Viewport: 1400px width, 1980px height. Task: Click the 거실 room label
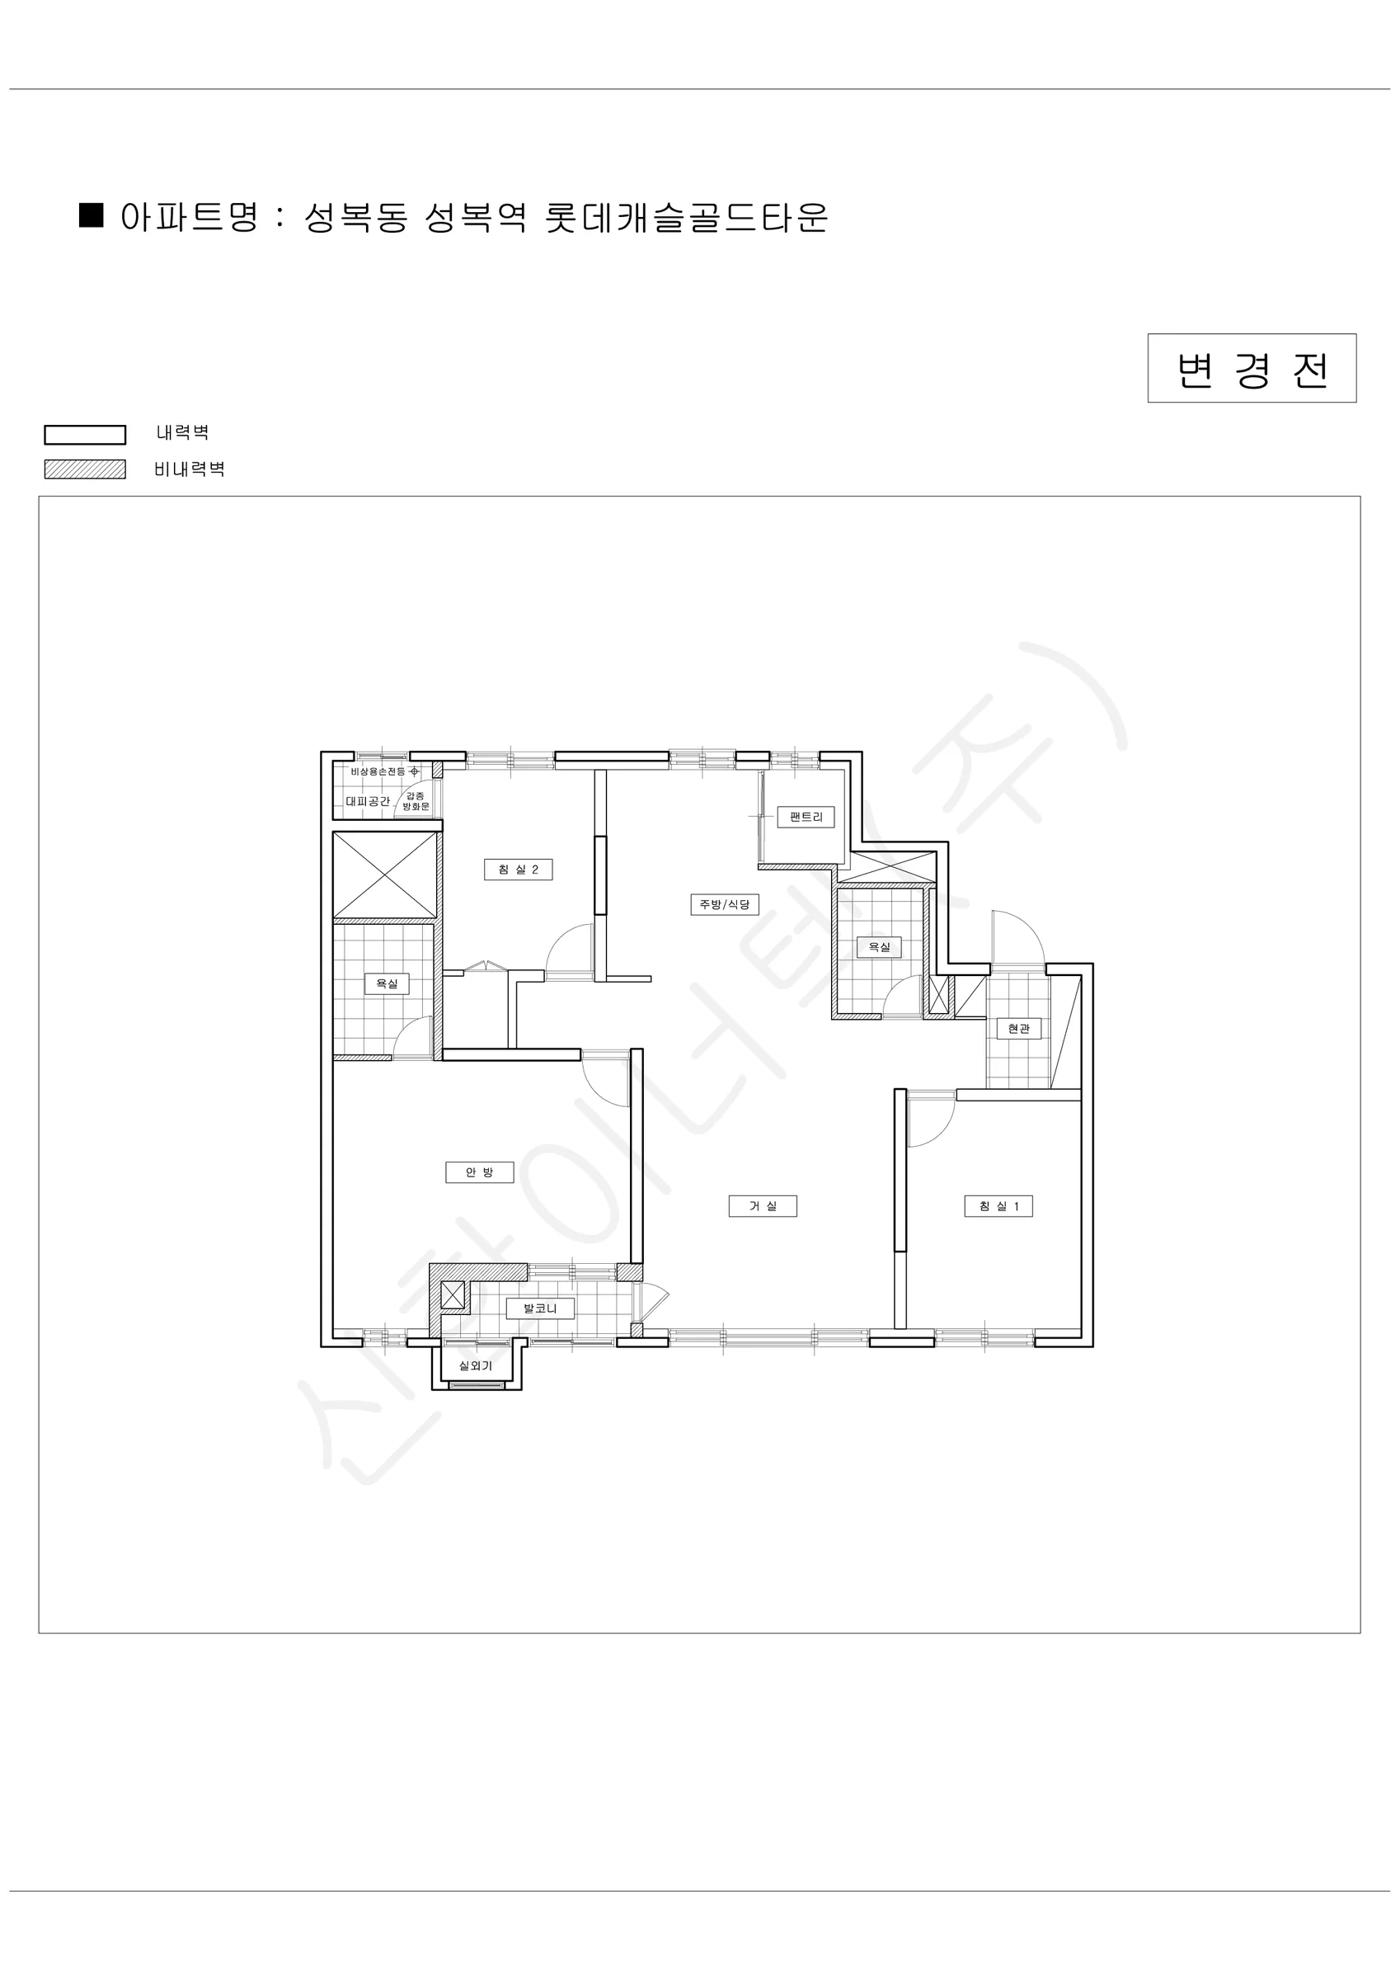[x=762, y=1205]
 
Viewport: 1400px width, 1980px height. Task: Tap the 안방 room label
[x=479, y=1172]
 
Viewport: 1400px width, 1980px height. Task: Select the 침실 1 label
[x=998, y=1205]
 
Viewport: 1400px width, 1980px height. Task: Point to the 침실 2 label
[x=518, y=870]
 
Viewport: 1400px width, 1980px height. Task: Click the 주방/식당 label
[x=724, y=905]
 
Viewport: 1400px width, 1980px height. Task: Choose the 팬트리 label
[x=806, y=817]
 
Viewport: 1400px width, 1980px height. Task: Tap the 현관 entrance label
[x=1018, y=1029]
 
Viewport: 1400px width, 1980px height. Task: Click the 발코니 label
[x=540, y=1308]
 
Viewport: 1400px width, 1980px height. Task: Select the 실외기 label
[x=475, y=1366]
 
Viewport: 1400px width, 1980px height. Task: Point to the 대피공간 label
[x=368, y=801]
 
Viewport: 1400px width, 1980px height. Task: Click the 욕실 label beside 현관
[x=878, y=947]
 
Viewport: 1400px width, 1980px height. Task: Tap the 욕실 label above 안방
[x=386, y=983]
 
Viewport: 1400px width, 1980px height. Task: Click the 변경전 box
[x=1252, y=368]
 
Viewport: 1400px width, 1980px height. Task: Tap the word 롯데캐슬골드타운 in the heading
[x=686, y=216]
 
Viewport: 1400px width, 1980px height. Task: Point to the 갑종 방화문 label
[x=416, y=801]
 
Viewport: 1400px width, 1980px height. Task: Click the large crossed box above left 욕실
[x=384, y=874]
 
